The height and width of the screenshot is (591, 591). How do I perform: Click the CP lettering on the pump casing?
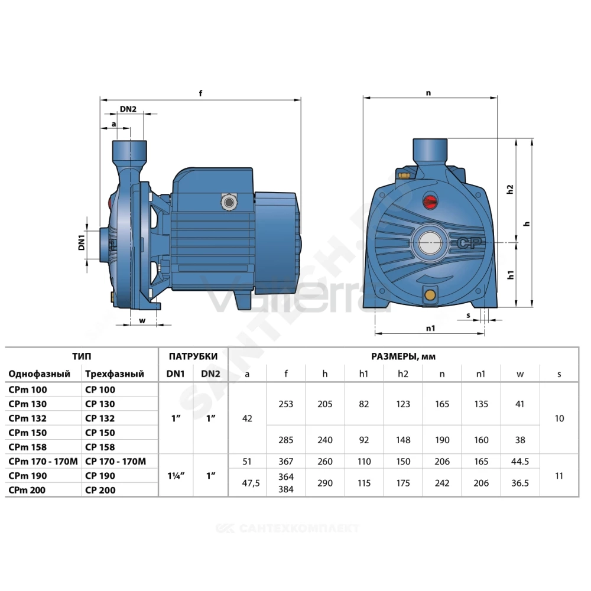coord(469,243)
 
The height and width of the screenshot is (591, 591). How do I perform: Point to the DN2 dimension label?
coord(128,109)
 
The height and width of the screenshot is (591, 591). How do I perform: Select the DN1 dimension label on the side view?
coord(82,242)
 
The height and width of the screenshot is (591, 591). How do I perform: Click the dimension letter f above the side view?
coord(200,93)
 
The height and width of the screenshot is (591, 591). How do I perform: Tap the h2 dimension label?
coord(510,189)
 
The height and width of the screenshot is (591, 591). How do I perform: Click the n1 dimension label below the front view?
coord(430,328)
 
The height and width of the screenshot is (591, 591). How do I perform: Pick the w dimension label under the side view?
coord(142,321)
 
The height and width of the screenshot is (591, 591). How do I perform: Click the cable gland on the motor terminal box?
coord(228,202)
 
